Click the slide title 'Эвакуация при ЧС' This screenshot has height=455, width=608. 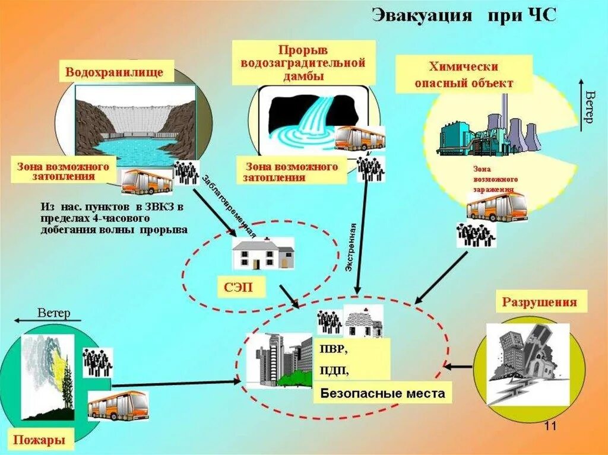coord(464,15)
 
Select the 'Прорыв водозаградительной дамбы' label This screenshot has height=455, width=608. coord(303,62)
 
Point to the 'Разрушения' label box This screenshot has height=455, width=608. coord(539,302)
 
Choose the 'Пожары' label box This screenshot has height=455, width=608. coord(37,440)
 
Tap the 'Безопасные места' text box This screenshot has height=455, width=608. coord(382,393)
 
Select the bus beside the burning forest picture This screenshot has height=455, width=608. coord(118,405)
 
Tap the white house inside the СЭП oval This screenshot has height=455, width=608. coord(263,254)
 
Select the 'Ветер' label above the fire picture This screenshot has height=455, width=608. coord(53,313)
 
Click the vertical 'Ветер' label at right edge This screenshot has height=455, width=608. coord(588,107)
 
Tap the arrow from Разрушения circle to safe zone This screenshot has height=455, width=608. coord(458,367)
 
